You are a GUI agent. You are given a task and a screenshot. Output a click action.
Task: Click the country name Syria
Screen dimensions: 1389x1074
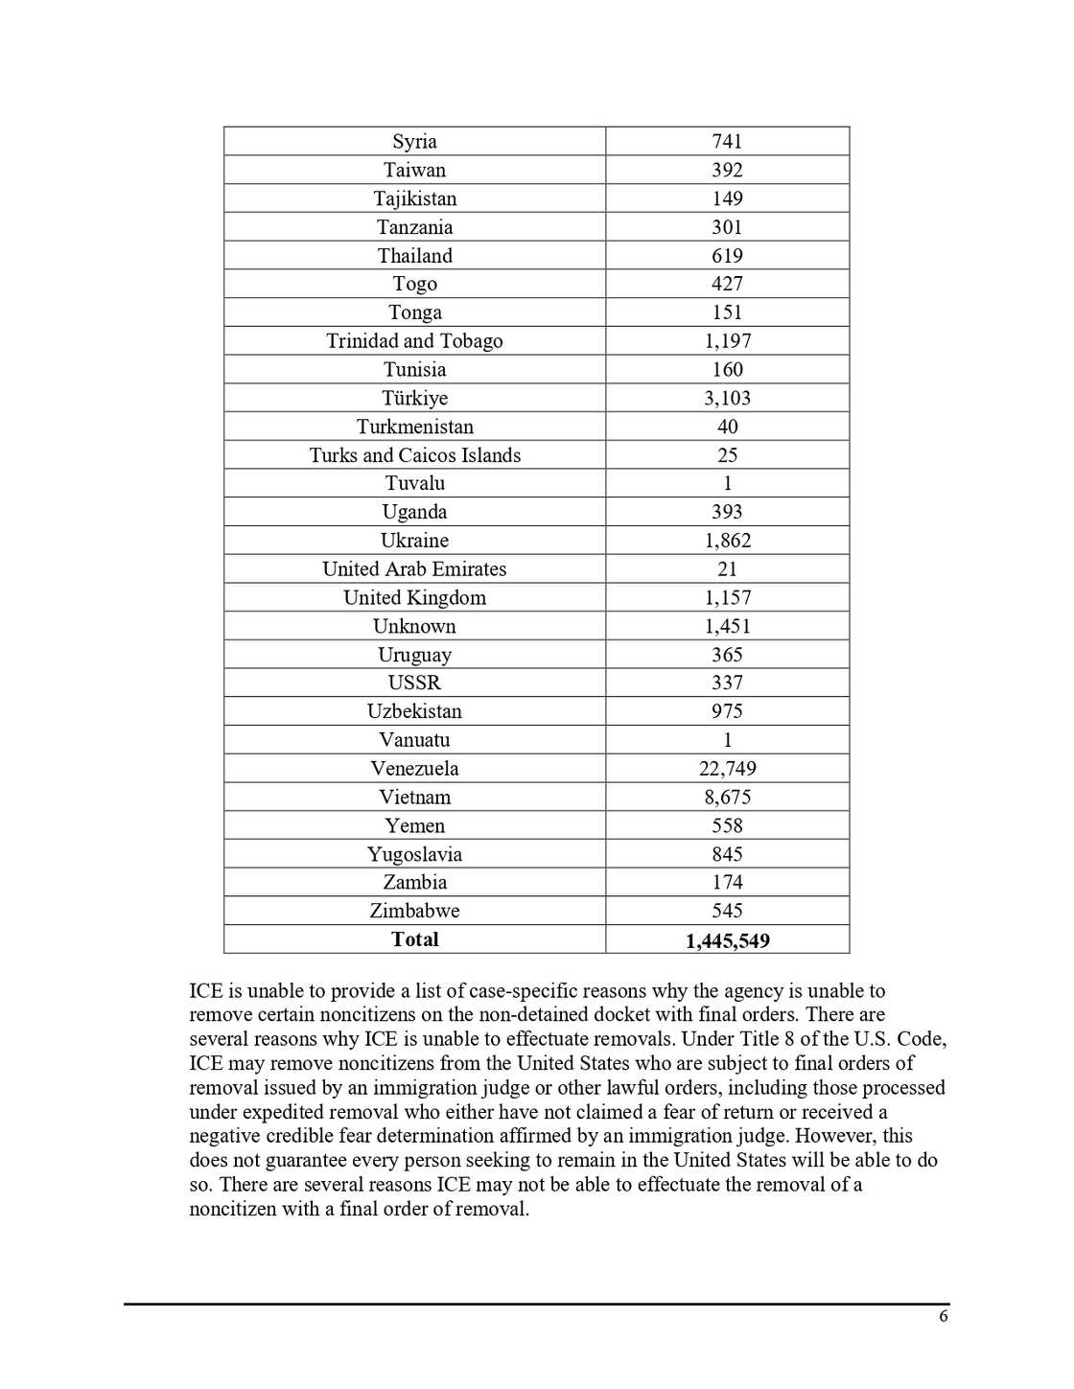pos(414,142)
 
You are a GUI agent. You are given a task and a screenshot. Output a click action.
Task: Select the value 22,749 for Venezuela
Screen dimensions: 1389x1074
pos(727,769)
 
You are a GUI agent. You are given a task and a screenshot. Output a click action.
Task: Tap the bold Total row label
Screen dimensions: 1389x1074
pos(414,939)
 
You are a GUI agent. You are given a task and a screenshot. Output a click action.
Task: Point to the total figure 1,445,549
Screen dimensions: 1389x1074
pos(727,940)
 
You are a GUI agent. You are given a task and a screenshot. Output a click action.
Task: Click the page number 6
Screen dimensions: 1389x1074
pos(944,1316)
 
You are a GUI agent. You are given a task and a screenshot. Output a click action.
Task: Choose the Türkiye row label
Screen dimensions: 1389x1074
pos(414,399)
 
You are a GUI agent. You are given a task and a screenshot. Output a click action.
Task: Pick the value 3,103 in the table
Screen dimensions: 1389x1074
pos(727,399)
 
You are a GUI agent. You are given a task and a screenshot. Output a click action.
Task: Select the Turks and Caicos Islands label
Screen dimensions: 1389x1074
pos(414,455)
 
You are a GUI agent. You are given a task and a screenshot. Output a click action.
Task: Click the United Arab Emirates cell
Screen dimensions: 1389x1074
pos(414,569)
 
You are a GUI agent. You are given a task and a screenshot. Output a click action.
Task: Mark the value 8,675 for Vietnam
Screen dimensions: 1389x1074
pos(727,798)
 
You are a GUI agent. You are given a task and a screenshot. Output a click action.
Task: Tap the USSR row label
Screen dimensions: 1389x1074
pos(414,683)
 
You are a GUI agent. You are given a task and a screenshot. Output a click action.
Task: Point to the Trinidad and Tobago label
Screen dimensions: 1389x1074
pos(414,341)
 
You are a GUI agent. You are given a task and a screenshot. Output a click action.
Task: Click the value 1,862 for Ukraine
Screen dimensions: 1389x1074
pos(727,541)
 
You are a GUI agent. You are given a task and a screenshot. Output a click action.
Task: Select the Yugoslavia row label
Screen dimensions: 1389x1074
pos(414,854)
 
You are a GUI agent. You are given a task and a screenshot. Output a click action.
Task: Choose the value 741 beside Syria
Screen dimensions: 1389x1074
pos(727,142)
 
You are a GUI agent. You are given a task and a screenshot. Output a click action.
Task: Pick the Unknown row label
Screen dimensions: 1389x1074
pos(414,626)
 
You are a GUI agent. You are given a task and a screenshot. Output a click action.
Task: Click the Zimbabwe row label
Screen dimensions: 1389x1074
pos(414,911)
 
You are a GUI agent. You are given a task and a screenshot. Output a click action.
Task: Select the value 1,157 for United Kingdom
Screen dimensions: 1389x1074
pos(727,598)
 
